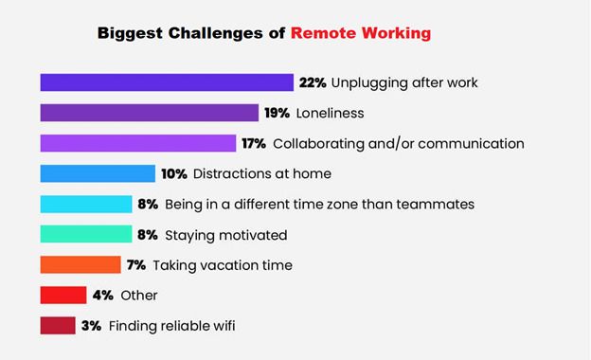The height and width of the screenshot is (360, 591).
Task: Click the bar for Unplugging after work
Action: coord(167,82)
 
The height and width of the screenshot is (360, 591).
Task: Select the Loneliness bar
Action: coord(150,113)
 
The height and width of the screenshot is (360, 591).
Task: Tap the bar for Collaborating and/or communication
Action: coord(138,143)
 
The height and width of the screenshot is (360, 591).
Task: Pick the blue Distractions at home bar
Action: coord(98,173)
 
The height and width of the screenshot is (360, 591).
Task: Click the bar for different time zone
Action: coord(86,204)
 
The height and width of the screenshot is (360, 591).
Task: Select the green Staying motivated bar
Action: coord(86,234)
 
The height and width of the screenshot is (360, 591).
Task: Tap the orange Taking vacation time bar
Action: coord(81,264)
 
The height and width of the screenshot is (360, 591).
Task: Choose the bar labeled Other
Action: coord(63,296)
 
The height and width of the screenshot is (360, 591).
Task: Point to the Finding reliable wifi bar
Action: coord(58,325)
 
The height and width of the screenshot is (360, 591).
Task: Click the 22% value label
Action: coord(313,82)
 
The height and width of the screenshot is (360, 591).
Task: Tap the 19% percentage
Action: coord(277,113)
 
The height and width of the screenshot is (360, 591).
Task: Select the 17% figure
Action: coord(254,143)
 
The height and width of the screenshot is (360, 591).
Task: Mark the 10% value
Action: coord(174,173)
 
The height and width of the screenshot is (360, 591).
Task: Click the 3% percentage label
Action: coord(91,326)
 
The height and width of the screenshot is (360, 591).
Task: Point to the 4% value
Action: coord(103,296)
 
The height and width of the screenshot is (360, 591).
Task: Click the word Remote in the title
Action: coord(323,33)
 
